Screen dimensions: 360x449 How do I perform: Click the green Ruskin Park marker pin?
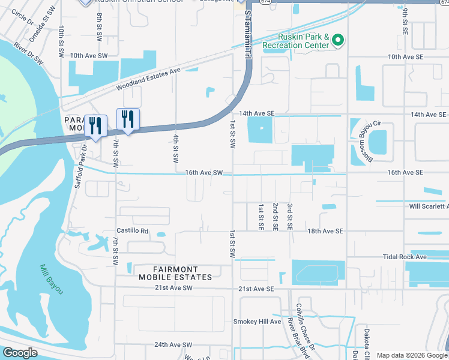pyautogui.click(x=338, y=41)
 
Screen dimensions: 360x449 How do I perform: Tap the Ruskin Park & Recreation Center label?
pyautogui.click(x=295, y=40)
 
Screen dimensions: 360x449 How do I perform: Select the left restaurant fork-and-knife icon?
pyautogui.click(x=95, y=125)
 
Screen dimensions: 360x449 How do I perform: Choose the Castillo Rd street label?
pyautogui.click(x=132, y=230)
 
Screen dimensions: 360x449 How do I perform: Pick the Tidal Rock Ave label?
pyautogui.click(x=405, y=257)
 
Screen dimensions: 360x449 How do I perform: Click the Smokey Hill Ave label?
pyautogui.click(x=257, y=322)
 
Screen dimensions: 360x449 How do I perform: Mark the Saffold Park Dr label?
pyautogui.click(x=80, y=166)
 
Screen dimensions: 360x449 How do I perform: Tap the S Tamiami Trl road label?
pyautogui.click(x=247, y=36)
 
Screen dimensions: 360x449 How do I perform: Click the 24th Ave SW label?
pyautogui.click(x=173, y=345)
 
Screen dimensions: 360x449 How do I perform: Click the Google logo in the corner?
pyautogui.click(x=19, y=353)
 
